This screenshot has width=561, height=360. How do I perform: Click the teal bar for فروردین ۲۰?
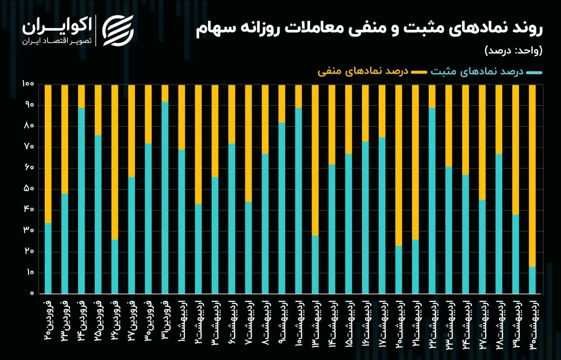48,258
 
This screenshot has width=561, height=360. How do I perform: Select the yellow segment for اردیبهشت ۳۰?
532,176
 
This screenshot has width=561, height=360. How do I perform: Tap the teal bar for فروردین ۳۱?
165,198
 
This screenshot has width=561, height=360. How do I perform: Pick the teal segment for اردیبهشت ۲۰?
398,270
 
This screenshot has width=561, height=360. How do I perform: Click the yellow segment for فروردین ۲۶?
115,162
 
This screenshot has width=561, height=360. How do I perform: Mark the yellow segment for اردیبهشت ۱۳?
315,160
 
